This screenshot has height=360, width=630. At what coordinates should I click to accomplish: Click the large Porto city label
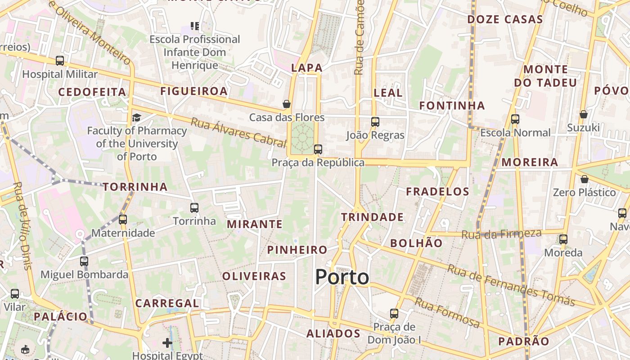pyautogui.click(x=342, y=277)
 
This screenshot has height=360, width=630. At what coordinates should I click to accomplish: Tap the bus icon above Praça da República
pyautogui.click(x=318, y=149)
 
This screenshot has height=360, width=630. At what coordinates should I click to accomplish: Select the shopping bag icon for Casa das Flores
pyautogui.click(x=286, y=104)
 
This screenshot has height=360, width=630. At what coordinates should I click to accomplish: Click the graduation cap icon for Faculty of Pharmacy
pyautogui.click(x=136, y=117)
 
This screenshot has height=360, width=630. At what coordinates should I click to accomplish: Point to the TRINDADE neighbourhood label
pyautogui.click(x=372, y=217)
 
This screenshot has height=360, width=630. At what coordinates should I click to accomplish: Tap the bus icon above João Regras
pyautogui.click(x=375, y=121)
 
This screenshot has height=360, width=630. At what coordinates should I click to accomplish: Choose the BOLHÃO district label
pyautogui.click(x=416, y=243)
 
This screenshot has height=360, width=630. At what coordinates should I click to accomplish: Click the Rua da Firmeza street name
pyautogui.click(x=501, y=234)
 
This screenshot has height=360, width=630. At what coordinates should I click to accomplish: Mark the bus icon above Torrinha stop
pyautogui.click(x=194, y=207)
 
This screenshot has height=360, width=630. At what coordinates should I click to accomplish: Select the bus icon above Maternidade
pyautogui.click(x=123, y=220)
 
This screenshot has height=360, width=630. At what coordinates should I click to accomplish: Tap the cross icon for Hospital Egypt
pyautogui.click(x=167, y=343)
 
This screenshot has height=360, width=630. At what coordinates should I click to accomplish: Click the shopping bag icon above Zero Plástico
pyautogui.click(x=584, y=179)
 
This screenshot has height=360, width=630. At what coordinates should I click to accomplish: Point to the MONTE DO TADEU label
pyautogui.click(x=545, y=76)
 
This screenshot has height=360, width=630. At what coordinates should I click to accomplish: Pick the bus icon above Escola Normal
pyautogui.click(x=515, y=119)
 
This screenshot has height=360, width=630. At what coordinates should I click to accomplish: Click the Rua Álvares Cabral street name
pyautogui.click(x=238, y=132)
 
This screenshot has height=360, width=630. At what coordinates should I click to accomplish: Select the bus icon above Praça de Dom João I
pyautogui.click(x=394, y=313)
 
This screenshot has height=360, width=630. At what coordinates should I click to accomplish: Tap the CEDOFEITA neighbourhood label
pyautogui.click(x=92, y=92)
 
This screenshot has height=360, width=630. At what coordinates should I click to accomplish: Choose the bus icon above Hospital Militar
pyautogui.click(x=60, y=61)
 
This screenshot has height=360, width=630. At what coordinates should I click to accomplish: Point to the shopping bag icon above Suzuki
pyautogui.click(x=583, y=114)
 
